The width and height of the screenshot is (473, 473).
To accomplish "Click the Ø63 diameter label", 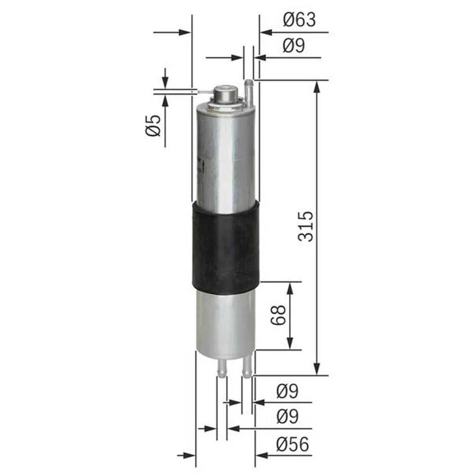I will (299, 20).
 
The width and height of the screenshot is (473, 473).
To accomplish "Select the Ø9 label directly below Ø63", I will (294, 46).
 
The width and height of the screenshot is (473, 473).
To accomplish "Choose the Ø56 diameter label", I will (293, 444).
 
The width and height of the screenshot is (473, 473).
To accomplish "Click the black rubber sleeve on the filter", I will (226, 246).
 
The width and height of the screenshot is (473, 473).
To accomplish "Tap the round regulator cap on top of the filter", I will (225, 93).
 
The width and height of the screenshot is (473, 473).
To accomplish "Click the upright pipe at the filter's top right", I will (248, 91).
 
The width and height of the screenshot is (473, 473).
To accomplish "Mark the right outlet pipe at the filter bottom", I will (246, 367).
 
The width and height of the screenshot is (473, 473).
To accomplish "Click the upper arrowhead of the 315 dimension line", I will (317, 85).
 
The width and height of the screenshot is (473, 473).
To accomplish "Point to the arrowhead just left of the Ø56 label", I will (261, 455).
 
